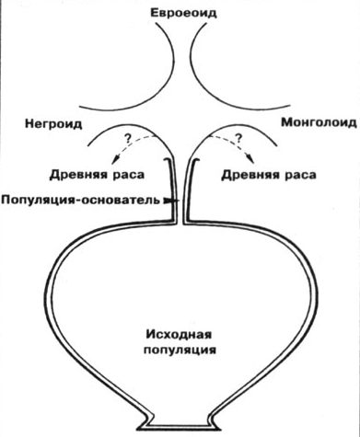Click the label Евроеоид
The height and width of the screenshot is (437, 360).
click(183, 14)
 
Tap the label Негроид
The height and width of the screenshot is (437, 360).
click(53, 124)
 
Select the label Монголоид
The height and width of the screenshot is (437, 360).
click(319, 122)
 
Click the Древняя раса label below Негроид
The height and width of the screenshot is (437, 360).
click(97, 175)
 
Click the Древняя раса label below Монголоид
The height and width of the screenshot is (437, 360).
click(269, 175)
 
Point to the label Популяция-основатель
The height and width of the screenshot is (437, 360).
click(81, 200)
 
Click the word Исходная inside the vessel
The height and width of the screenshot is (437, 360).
click(179, 334)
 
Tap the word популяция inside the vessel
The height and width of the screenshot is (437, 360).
click(180, 350)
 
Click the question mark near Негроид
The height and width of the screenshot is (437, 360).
click(127, 139)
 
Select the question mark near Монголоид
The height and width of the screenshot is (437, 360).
click(238, 139)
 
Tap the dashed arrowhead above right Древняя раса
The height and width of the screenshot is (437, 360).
click(251, 159)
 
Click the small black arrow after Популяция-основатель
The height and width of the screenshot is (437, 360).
click(168, 201)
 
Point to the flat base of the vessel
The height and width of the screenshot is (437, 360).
click(180, 427)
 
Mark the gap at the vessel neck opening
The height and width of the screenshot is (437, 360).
click(180, 223)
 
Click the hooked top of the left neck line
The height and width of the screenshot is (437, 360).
click(168, 159)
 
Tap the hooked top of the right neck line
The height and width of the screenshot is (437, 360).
click(194, 159)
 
